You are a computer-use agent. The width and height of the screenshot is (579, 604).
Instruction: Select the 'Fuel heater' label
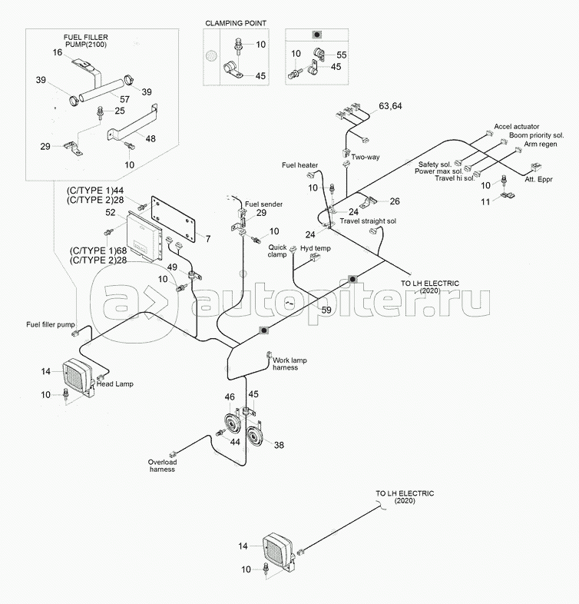[x=299, y=165]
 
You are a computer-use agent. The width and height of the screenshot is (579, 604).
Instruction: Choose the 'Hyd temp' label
[x=314, y=249]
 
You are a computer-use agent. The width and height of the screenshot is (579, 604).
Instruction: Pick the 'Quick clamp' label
[x=277, y=251]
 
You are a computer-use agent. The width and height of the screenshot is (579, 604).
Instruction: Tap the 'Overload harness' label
[x=161, y=466]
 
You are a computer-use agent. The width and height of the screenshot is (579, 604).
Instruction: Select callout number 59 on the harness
[x=326, y=310]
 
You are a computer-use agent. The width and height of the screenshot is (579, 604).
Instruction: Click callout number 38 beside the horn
[x=279, y=446]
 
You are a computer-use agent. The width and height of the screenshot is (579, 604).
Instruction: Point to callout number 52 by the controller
[x=111, y=212]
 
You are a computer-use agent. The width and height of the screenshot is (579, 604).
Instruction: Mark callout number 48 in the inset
[x=150, y=138]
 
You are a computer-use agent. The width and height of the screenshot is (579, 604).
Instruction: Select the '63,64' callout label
[x=389, y=105]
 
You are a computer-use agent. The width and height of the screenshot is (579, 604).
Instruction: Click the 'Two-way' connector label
[x=366, y=157]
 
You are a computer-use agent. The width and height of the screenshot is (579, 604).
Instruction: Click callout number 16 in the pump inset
[x=58, y=52]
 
